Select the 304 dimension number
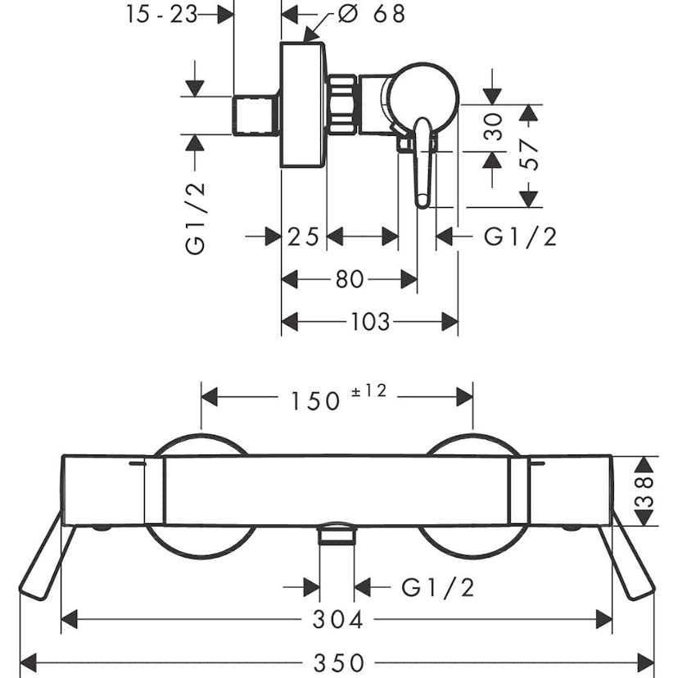coord(337,620)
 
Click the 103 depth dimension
coord(369,322)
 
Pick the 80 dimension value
coord(350,279)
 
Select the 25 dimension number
coord(303,237)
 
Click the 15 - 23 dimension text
coord(162,14)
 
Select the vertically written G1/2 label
coord(196,218)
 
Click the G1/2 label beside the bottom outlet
coord(438,587)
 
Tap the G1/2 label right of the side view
coord(521,237)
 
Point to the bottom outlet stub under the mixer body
coord(337,536)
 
